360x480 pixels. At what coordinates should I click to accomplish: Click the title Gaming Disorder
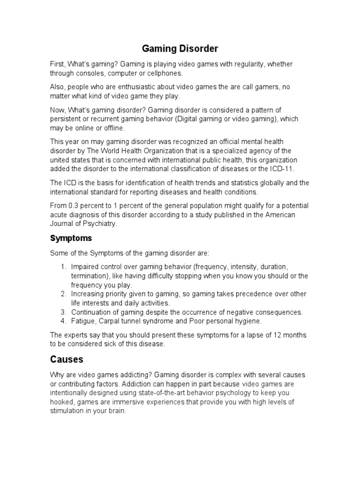click(180, 48)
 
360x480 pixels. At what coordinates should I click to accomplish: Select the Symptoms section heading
click(71, 238)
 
